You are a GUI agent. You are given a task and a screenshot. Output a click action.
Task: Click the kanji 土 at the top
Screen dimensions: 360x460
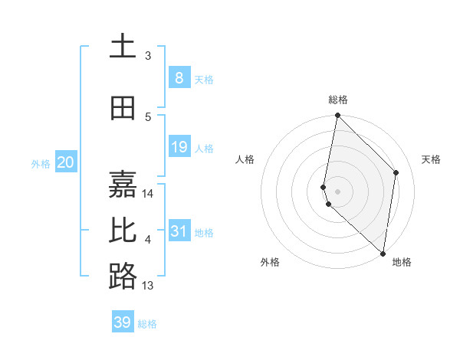coord(123,46)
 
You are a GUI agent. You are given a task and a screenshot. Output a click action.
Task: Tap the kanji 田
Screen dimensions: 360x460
coord(123,109)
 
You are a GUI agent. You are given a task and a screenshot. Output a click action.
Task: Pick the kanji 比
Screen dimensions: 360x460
coord(123,231)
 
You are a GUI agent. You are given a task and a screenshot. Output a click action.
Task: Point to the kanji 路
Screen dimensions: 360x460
coord(123,276)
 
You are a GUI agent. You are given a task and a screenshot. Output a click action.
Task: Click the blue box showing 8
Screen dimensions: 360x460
coord(179,77)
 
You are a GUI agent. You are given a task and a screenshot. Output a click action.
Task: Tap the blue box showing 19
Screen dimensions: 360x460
coord(179,147)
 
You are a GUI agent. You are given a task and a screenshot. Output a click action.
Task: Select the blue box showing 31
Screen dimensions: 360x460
coord(179,231)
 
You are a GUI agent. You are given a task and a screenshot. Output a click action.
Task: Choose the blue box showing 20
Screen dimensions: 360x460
coord(66,162)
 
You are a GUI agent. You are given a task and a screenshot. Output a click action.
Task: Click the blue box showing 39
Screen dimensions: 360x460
coord(123,322)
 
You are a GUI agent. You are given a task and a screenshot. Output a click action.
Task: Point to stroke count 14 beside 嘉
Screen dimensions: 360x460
coord(149,194)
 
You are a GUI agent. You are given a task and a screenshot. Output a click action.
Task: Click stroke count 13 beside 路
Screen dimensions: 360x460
coord(148,286)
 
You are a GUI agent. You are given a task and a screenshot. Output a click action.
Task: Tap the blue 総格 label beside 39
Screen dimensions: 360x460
coord(147,324)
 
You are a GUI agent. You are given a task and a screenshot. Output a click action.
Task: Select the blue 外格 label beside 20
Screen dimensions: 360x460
coord(40,163)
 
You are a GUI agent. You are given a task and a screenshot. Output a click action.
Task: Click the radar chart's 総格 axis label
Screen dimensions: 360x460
coord(338,100)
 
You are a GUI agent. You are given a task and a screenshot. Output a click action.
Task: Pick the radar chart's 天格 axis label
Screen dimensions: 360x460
coord(431,159)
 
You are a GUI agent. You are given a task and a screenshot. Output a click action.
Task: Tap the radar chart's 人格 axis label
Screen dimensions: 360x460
coord(245,159)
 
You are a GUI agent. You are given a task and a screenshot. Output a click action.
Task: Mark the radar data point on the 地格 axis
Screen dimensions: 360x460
coord(383,253)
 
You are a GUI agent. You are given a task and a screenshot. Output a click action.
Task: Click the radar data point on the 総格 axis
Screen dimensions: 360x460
coord(337,116)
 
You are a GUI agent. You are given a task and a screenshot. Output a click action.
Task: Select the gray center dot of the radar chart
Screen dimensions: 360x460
coord(337,191)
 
